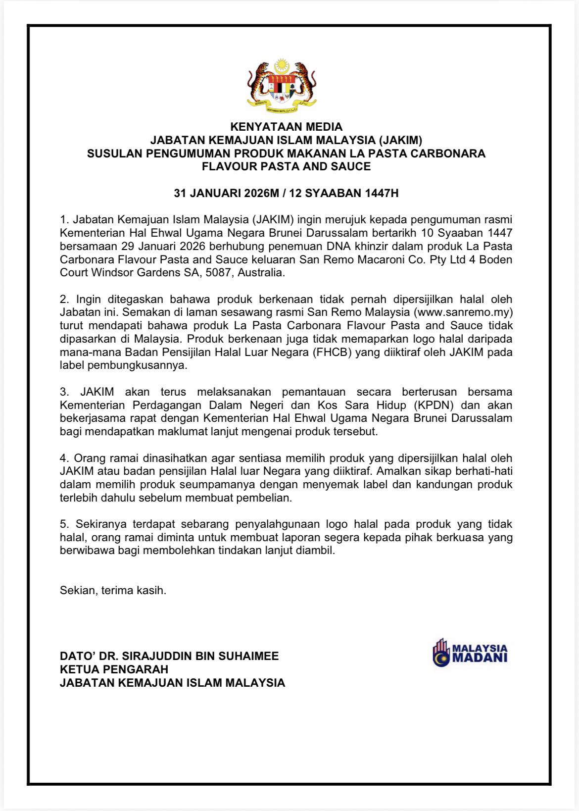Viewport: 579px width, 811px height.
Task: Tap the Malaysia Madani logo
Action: tap(470, 651)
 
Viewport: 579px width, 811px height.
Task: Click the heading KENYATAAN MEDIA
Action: tap(286, 127)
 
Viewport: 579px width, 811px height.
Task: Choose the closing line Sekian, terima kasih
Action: tap(113, 591)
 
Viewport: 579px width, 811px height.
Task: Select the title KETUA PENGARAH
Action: tap(114, 669)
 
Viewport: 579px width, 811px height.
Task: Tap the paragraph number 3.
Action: tap(63, 392)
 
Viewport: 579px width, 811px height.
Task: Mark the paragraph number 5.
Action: tap(63, 524)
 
